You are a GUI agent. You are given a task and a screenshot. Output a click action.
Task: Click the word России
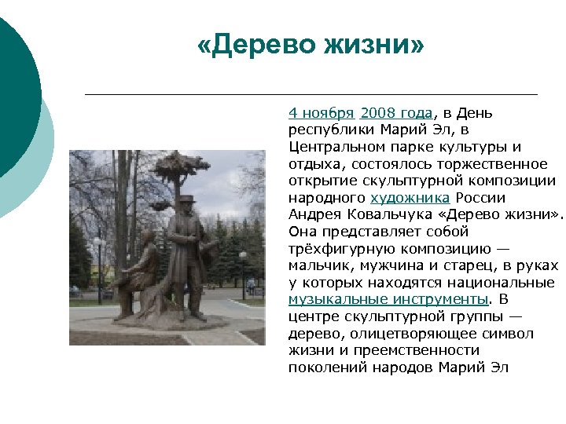pos(479,198)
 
